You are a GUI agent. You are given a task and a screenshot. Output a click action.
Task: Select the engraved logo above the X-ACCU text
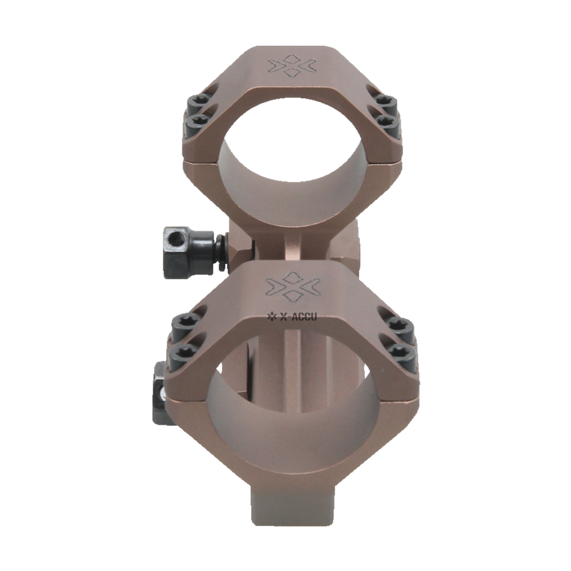293,288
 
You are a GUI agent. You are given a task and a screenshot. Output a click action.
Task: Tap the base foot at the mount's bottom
293,514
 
